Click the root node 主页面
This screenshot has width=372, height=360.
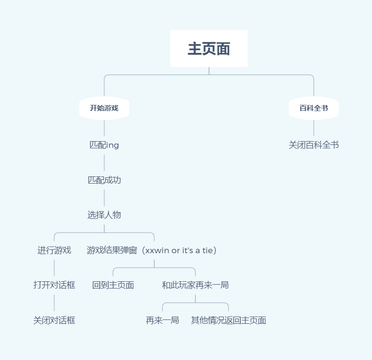pos(209,49)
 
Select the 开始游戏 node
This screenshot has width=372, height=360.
pos(104,108)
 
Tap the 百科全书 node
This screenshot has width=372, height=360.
pos(313,108)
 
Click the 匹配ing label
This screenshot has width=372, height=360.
pos(104,145)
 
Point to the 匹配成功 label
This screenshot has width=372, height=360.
pos(104,180)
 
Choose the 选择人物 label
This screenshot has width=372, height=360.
pos(104,215)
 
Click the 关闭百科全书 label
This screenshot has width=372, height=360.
pos(313,145)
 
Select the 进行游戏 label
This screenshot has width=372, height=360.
pos(54,250)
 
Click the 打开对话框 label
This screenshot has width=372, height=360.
pos(54,285)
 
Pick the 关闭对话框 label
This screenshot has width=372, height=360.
pos(54,320)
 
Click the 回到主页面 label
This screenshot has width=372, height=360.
pos(113,285)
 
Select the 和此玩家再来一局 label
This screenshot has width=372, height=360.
pos(195,285)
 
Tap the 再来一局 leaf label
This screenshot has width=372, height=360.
pos(162,320)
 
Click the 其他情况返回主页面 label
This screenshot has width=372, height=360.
pos(228,320)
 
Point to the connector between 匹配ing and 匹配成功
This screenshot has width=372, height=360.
pos(104,163)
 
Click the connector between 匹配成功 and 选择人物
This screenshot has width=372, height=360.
pos(104,197)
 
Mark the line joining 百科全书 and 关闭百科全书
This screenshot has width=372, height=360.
pos(314,128)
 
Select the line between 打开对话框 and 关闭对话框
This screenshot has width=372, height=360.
pos(54,303)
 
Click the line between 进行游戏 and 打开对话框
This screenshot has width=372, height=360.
pos(54,267)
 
